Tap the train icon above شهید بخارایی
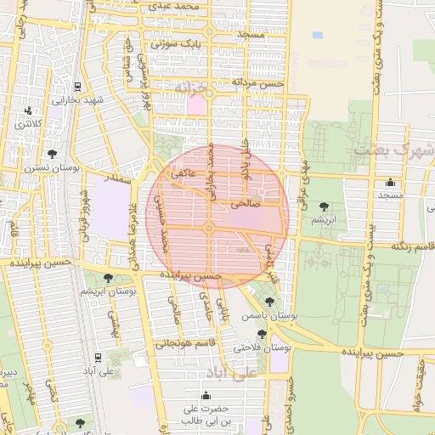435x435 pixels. coord(78,86)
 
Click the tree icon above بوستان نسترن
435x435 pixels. coord(53,154)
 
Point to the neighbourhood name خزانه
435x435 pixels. coord(190,88)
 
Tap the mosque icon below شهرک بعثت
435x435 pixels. coord(390,182)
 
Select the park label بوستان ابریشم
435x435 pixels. coord(109,291)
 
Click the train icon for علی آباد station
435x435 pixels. coord(99,357)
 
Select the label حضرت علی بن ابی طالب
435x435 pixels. coord(205,415)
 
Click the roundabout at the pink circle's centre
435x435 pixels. coord(208,228)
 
